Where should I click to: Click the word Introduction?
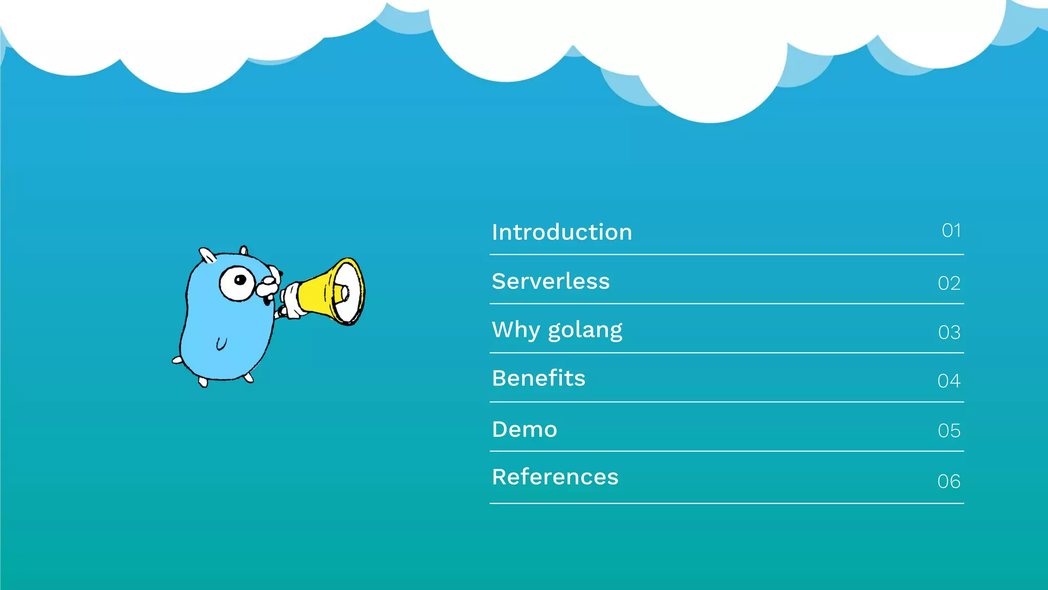pos(562,232)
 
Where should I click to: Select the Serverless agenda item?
pos(551,281)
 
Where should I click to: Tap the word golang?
pos(585,330)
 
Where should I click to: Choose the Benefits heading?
pos(538,378)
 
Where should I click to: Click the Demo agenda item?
pos(525,429)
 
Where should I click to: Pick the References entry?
pos(555,477)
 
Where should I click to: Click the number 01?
pos(951,230)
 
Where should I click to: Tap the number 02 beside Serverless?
pos(949,283)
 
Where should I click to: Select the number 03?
pos(949,332)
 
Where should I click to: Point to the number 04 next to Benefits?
pos(949,381)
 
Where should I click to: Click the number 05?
pos(949,431)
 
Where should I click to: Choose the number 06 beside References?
pos(949,481)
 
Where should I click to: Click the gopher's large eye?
pos(237,282)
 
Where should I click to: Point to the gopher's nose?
pos(267,281)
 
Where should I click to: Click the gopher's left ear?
pos(207,255)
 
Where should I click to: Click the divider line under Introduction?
pos(727,254)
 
